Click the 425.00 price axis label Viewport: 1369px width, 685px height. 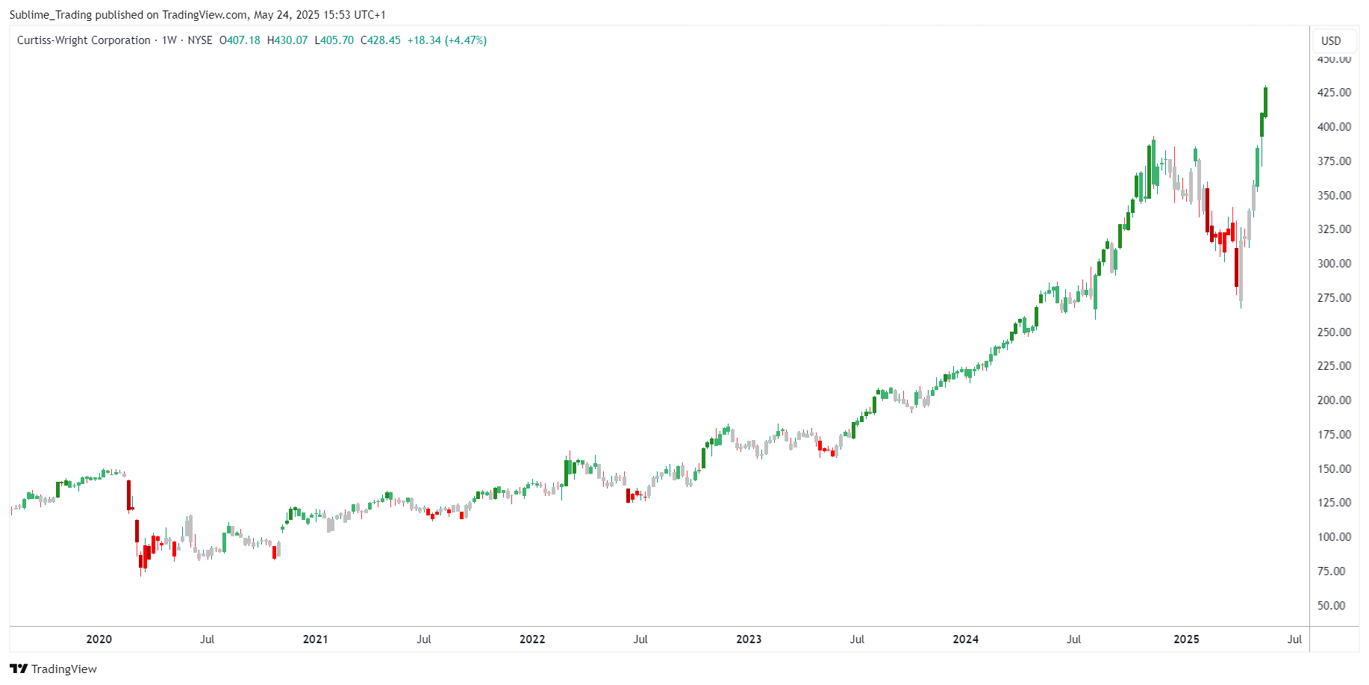pos(1334,93)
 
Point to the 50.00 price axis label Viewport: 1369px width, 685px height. pos(1334,606)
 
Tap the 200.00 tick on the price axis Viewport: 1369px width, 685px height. pos(1334,400)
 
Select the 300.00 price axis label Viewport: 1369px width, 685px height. pos(1334,264)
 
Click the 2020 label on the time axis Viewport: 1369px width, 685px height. pos(99,639)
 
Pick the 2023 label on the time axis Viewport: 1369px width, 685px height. pos(749,639)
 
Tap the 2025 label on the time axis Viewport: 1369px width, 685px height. pos(1186,639)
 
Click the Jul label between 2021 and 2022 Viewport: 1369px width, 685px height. pos(424,639)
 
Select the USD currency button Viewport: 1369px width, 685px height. pos(1331,41)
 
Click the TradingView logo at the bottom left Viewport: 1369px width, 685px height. pos(53,669)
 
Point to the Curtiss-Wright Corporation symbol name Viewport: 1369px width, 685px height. pos(84,40)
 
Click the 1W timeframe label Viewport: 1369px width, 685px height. pos(169,40)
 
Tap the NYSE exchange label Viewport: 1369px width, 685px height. pos(200,40)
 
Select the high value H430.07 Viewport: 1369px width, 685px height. pos(287,40)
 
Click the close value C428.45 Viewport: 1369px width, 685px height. pos(381,40)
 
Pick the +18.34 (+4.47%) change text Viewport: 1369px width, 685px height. pos(447,40)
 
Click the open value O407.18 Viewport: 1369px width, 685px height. pos(240,40)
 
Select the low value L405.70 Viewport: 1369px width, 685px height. pos(334,40)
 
